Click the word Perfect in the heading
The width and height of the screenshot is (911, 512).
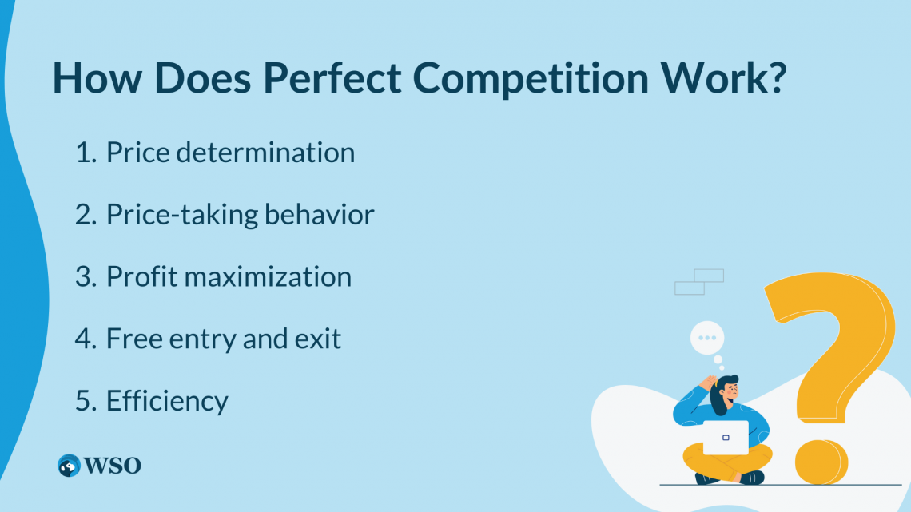pos(332,77)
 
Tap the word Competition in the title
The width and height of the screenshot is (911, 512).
pos(531,78)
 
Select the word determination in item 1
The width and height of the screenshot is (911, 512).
pos(265,152)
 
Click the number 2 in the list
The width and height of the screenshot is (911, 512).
pos(85,215)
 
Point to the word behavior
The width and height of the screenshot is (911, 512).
pos(320,214)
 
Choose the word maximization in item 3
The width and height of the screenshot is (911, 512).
pos(268,276)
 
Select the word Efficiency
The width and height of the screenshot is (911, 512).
pos(167,401)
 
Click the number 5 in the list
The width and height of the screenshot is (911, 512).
pos(86,401)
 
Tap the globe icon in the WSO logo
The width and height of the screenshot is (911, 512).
pos(70,466)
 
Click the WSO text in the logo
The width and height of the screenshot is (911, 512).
pos(112,466)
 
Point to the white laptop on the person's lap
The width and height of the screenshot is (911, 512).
pos(726,437)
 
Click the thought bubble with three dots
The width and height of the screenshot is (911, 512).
pos(707,338)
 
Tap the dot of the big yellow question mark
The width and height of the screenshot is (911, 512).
pos(821,462)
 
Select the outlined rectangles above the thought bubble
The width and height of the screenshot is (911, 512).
pos(699,281)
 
